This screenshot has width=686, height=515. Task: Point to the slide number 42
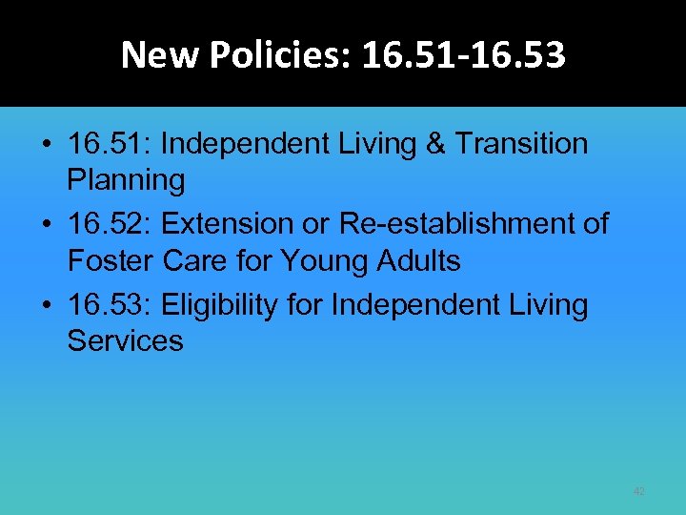pos(638,491)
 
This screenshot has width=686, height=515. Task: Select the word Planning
pos(126,179)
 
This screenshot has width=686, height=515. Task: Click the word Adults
pos(426,259)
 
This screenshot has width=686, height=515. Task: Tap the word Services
pos(125,340)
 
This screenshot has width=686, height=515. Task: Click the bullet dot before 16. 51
pos(47,146)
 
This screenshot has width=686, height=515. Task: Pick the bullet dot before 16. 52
pos(47,226)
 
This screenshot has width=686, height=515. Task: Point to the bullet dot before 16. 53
pos(47,307)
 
